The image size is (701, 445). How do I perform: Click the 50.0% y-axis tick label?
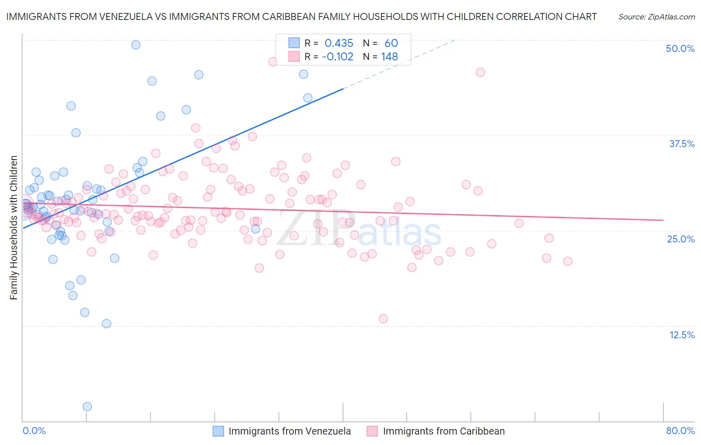click(x=680, y=48)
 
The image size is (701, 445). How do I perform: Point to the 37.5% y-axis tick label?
click(x=682, y=144)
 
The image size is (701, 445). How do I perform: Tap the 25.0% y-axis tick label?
click(x=681, y=239)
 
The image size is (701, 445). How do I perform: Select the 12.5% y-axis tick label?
click(x=682, y=335)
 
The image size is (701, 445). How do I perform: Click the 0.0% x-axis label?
click(x=34, y=431)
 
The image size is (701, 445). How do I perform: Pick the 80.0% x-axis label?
click(x=680, y=431)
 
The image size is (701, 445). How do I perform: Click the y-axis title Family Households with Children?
click(x=14, y=227)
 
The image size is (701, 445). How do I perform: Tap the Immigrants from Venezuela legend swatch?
click(x=218, y=431)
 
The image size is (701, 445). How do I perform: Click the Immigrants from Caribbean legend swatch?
click(x=372, y=431)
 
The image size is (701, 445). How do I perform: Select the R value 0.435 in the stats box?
click(x=339, y=43)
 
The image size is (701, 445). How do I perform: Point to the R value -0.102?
click(x=338, y=57)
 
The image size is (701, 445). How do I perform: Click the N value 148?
click(x=389, y=57)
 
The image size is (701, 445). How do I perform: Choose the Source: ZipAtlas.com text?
click(x=656, y=17)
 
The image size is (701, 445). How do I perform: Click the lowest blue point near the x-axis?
click(x=87, y=407)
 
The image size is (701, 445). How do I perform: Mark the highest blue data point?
click(x=136, y=45)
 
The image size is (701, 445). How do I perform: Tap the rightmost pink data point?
click(x=567, y=261)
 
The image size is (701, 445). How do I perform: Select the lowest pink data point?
click(x=383, y=319)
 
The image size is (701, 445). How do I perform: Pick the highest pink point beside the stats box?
click(x=273, y=62)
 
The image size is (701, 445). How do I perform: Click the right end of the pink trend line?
click(x=663, y=220)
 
